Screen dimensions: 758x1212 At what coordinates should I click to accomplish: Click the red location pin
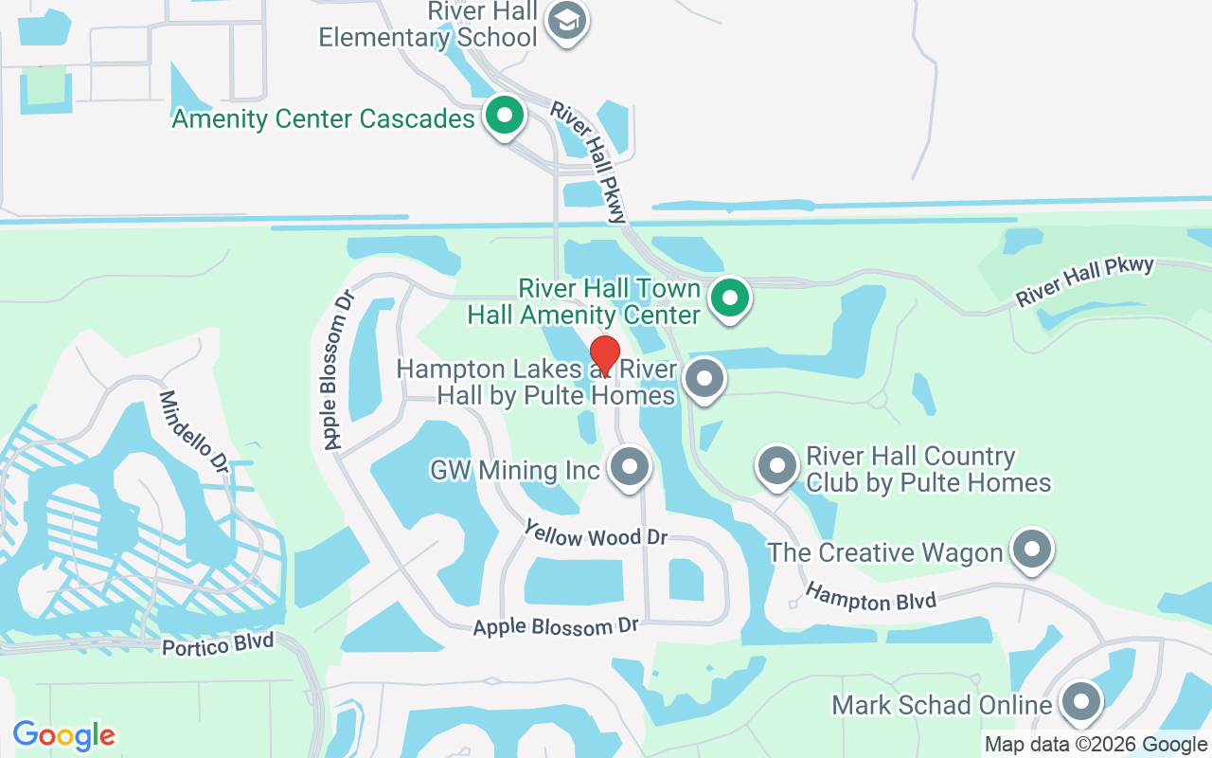pos(605,356)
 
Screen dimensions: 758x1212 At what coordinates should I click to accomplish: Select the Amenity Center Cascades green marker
pos(505,116)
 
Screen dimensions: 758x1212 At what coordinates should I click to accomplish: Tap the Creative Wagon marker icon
pos(1032,549)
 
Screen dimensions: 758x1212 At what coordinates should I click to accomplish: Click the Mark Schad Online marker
pos(1081,702)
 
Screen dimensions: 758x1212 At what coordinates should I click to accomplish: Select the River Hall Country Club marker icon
pos(777,465)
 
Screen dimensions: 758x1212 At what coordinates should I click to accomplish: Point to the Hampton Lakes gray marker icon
pos(704,380)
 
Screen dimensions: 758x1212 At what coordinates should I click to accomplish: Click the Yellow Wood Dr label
pos(597,536)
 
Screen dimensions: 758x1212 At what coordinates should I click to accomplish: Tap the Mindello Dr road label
pos(194,432)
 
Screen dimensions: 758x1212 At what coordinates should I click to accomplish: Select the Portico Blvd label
pos(218,645)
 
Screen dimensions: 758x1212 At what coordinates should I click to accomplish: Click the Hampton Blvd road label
pos(870,598)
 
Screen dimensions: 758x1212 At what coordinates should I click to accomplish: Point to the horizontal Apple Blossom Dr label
pos(557,626)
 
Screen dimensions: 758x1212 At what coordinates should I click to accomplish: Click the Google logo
pos(63,735)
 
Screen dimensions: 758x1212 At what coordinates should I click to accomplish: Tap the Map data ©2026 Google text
pos(1096,745)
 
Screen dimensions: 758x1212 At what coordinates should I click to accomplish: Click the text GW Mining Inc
pos(515,470)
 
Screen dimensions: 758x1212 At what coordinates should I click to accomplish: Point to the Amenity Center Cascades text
pos(323,119)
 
